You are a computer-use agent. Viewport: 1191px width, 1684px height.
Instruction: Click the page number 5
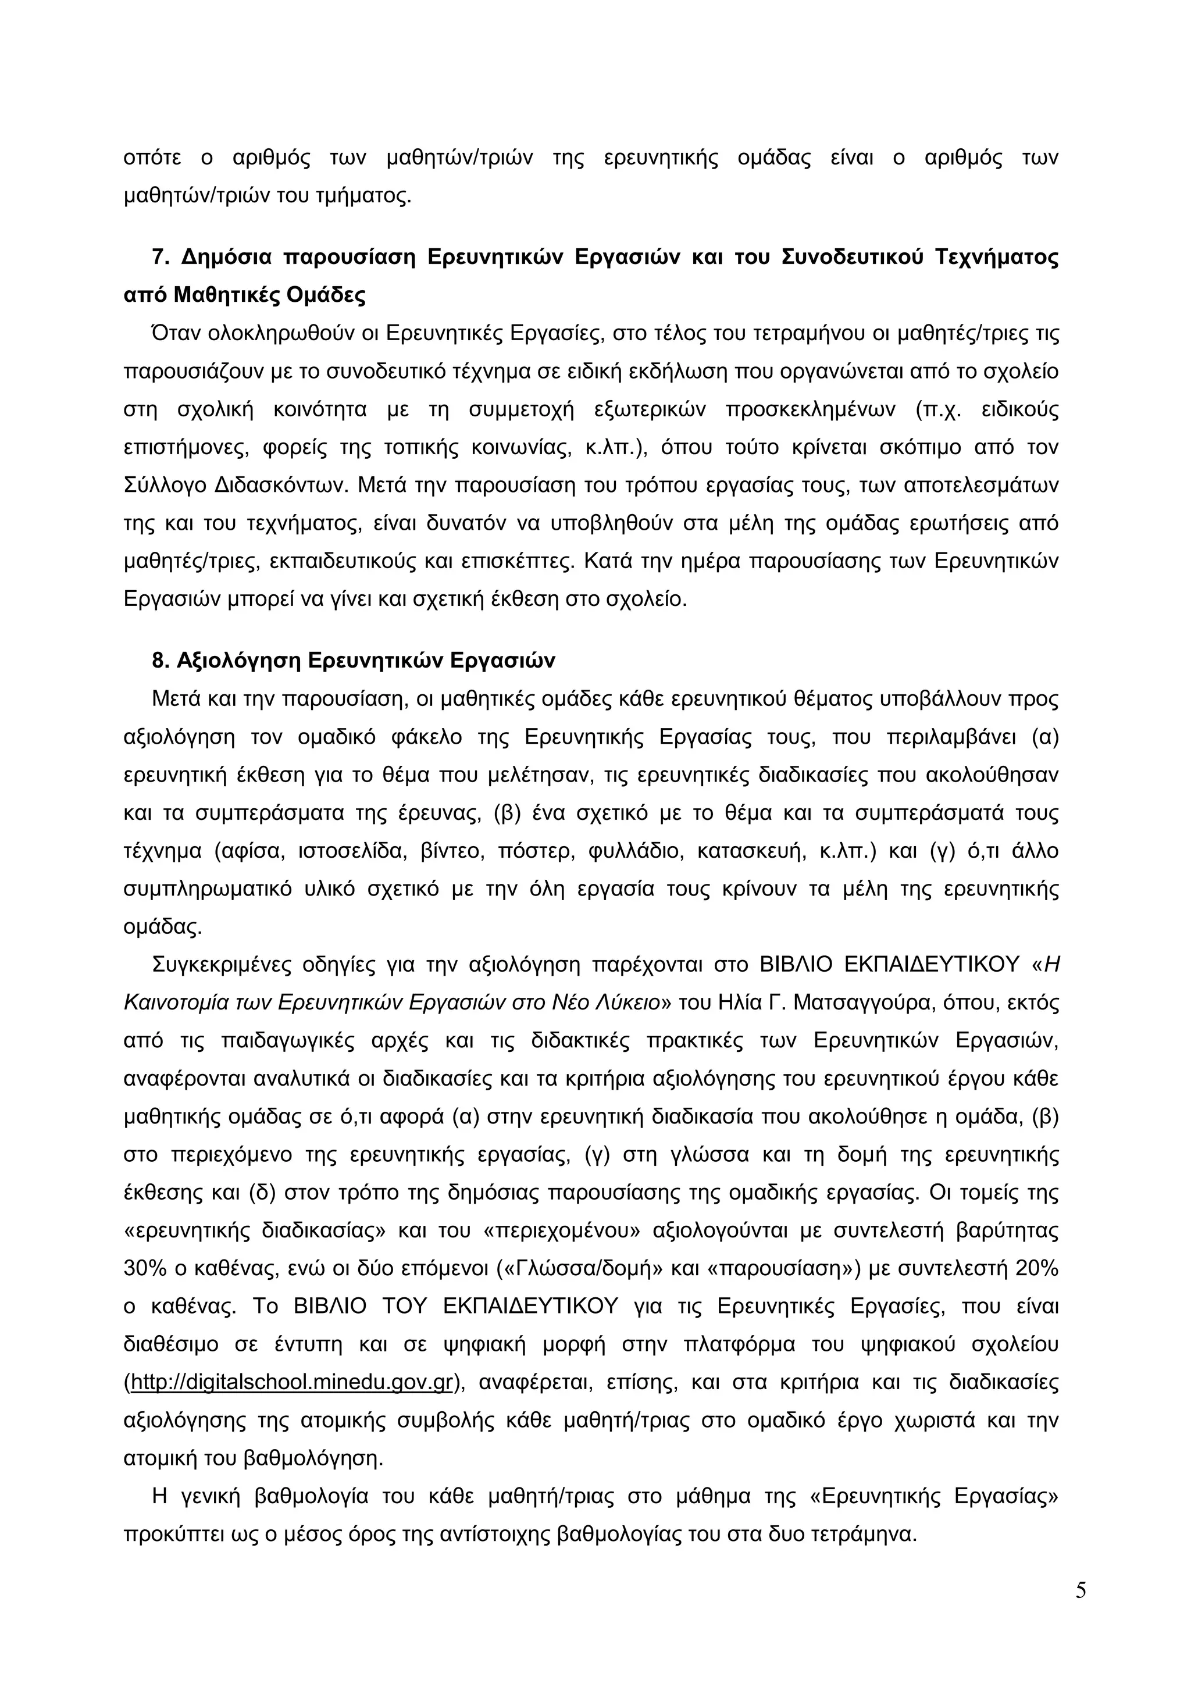click(x=1081, y=1611)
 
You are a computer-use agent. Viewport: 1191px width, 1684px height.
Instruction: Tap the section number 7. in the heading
click(x=161, y=258)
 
